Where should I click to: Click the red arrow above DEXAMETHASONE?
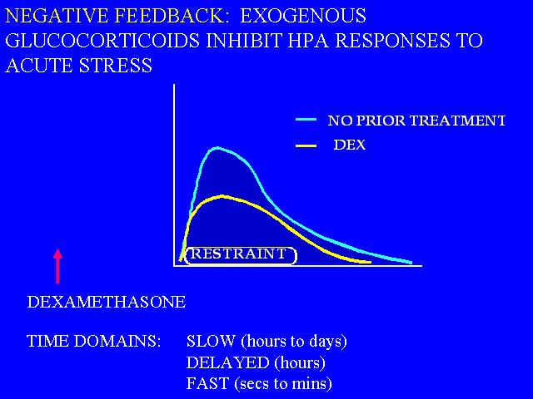[58, 266]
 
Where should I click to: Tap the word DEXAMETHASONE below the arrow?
[107, 302]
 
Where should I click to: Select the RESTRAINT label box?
[241, 255]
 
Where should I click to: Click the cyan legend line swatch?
[306, 120]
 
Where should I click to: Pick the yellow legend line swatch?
[306, 146]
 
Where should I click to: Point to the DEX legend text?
[350, 145]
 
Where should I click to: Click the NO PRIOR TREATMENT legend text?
[416, 121]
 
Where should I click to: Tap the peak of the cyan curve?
[217, 148]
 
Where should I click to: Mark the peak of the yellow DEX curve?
[222, 196]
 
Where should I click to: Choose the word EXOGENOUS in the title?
[303, 16]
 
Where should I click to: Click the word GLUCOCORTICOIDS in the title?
[102, 41]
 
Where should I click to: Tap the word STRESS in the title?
[116, 65]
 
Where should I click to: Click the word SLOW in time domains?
[211, 341]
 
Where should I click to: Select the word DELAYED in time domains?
[227, 362]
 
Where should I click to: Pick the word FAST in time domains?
[207, 383]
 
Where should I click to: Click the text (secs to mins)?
[283, 384]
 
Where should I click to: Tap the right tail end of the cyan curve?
[411, 263]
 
